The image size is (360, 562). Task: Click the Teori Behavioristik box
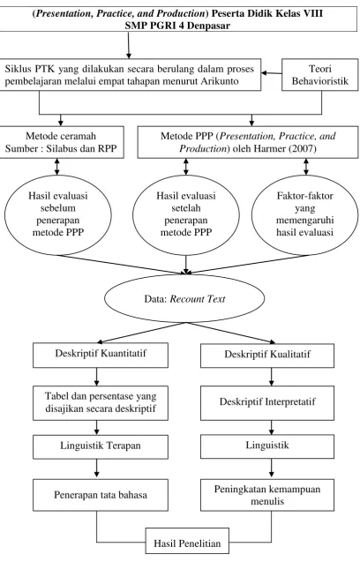(x=319, y=74)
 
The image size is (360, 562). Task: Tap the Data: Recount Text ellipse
(x=184, y=298)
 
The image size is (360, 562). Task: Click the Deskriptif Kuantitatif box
(x=101, y=355)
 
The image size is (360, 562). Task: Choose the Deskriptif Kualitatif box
(x=267, y=355)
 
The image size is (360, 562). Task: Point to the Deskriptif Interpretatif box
(x=267, y=403)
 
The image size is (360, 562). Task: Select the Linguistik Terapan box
(x=101, y=447)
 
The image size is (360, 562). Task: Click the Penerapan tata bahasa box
(x=101, y=495)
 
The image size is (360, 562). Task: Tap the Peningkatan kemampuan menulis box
(x=267, y=495)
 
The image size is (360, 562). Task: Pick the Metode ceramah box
(x=62, y=142)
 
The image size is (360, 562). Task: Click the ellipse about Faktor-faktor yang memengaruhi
(x=304, y=214)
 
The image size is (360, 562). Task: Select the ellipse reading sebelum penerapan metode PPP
(x=57, y=214)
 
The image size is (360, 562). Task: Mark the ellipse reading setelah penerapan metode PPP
(x=186, y=214)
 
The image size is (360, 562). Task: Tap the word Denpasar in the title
(x=208, y=26)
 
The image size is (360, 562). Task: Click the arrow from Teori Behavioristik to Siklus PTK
(x=272, y=73)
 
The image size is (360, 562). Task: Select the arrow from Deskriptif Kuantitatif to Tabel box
(x=97, y=377)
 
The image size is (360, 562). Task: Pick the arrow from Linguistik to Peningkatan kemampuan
(x=271, y=468)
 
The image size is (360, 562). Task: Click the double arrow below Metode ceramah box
(x=56, y=167)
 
